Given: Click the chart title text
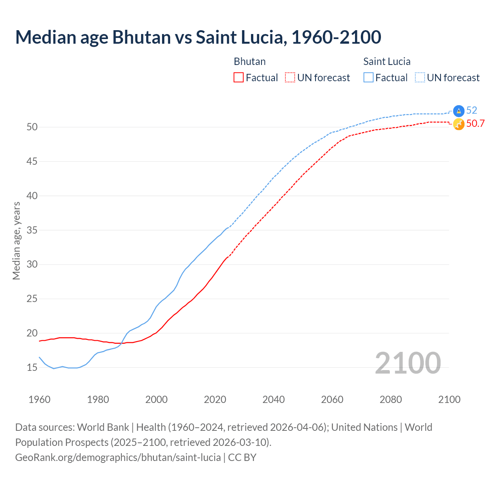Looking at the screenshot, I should click(x=198, y=37).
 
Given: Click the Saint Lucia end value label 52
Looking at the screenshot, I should click(x=471, y=111).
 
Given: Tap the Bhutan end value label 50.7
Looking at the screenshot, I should click(x=475, y=124).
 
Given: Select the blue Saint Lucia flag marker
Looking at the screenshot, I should click(x=459, y=111).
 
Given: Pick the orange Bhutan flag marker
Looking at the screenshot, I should click(x=459, y=124).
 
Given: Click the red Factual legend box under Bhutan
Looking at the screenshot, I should click(x=239, y=77).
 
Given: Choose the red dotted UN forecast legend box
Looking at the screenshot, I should click(x=290, y=77).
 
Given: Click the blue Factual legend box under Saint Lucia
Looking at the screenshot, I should click(x=369, y=77).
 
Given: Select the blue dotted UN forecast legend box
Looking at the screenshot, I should click(x=420, y=77).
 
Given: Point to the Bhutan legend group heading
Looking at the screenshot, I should click(x=249, y=61).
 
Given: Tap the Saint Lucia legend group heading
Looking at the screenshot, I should click(x=387, y=61).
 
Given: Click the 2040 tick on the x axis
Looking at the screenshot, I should click(x=273, y=399).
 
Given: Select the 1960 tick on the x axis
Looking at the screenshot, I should click(x=39, y=399).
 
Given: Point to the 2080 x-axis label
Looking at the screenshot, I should click(x=391, y=399).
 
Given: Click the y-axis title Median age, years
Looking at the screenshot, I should click(x=16, y=241).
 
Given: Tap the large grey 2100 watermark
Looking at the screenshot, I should click(x=408, y=363).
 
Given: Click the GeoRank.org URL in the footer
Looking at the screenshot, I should click(x=118, y=457).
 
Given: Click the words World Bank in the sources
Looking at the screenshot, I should click(x=103, y=427).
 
